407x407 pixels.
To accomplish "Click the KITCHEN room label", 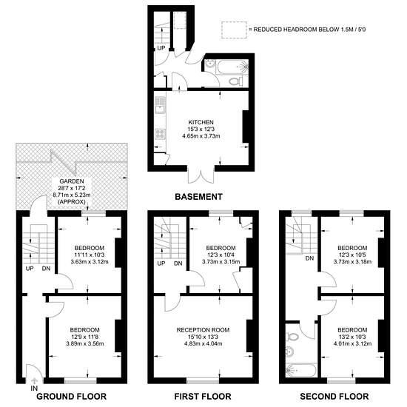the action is (201, 122).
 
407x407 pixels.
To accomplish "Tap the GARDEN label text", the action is (72, 181).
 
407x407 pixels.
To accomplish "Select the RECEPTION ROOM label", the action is (203, 330).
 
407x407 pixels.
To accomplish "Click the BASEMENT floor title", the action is (198, 197).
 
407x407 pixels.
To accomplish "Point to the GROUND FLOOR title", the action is (71, 397).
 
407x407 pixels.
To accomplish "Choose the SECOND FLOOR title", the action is (334, 397).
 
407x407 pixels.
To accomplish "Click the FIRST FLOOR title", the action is (203, 397).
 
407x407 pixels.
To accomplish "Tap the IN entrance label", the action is (34, 388).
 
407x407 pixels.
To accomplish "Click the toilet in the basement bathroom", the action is (235, 81).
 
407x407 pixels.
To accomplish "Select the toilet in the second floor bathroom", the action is (292, 337).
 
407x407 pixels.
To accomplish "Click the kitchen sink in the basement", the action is (160, 105).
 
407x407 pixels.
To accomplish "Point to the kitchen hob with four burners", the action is (160, 134).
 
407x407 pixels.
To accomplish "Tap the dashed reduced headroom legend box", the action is (234, 30).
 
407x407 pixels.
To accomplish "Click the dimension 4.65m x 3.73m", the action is (201, 135).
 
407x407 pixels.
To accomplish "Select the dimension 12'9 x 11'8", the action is (85, 337).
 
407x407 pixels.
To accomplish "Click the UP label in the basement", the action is (161, 48).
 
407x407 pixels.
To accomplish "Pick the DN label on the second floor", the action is (309, 258).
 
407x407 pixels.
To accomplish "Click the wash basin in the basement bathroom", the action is (209, 64).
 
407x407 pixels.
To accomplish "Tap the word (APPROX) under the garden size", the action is (72, 202).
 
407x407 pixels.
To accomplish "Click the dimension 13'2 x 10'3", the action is (352, 337).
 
